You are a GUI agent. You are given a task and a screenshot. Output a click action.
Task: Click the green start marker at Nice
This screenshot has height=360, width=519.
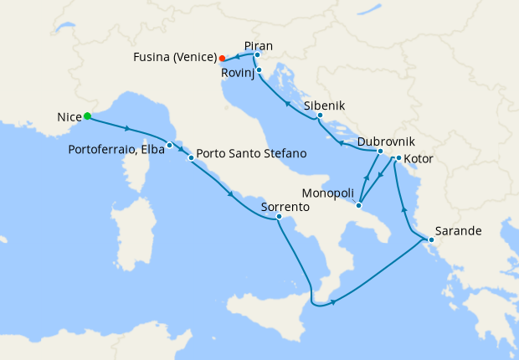click(x=87, y=117)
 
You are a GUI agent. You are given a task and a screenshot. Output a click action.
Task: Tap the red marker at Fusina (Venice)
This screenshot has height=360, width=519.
click(x=222, y=59)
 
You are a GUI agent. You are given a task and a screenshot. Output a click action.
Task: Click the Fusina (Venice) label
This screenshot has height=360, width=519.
click(x=175, y=58)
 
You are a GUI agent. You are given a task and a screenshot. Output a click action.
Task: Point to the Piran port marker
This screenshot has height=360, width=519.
click(x=257, y=55)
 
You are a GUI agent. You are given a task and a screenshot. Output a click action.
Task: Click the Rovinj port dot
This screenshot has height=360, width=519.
click(x=259, y=70)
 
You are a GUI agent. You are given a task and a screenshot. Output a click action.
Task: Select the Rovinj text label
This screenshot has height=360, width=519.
click(x=239, y=73)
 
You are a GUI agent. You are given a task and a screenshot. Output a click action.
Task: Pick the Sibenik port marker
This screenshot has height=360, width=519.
click(x=320, y=116)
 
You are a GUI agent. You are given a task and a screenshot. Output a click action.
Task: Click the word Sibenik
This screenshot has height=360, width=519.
click(x=324, y=105)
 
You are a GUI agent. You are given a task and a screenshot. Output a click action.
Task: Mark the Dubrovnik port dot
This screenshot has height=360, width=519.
click(x=380, y=152)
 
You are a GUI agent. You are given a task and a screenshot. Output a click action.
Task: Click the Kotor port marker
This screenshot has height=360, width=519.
click(x=398, y=158)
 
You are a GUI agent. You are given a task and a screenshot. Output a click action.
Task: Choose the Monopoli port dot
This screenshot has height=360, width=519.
click(x=358, y=205)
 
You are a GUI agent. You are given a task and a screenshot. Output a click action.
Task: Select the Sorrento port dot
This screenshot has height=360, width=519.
click(x=279, y=218)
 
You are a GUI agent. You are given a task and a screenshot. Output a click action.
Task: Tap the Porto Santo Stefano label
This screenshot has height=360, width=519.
click(x=251, y=154)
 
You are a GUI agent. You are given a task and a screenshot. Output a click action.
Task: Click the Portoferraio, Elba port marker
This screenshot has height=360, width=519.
click(x=169, y=145)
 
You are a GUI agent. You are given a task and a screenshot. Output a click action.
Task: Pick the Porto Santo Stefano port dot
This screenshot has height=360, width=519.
click(x=192, y=157)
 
